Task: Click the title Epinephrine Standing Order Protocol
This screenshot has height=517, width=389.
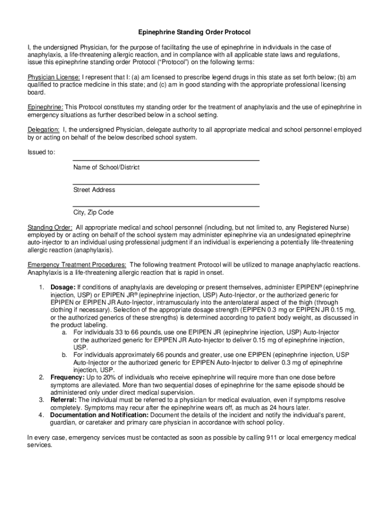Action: tap(194, 32)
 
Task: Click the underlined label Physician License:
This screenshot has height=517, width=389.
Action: tap(54, 77)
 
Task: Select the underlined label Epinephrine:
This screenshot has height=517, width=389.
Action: tap(45, 107)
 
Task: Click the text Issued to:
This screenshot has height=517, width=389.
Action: tap(41, 152)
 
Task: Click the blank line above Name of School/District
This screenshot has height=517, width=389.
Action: tap(166, 160)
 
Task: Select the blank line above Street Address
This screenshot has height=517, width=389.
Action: tap(166, 183)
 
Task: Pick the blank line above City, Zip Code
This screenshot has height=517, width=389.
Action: tap(166, 206)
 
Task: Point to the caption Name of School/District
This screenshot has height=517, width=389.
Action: tap(106, 167)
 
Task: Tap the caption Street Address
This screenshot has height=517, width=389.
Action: tap(94, 190)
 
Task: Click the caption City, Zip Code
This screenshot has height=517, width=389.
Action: tap(93, 213)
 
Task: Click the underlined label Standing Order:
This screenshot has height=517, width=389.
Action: tap(50, 228)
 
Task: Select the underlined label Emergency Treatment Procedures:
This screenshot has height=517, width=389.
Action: tap(77, 265)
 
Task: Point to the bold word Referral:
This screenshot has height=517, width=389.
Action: tap(64, 400)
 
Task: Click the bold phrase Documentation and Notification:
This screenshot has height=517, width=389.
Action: tap(100, 415)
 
